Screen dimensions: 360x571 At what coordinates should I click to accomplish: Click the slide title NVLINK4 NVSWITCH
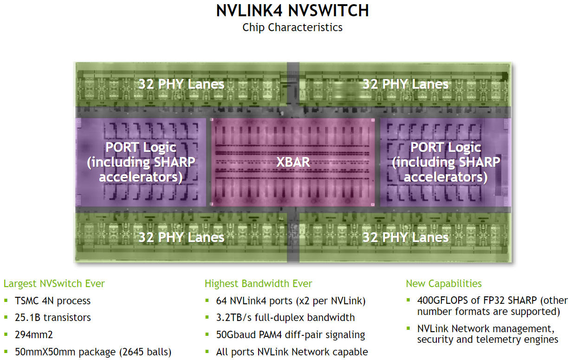pos(292,11)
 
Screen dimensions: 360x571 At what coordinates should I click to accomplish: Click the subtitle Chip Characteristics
pos(292,27)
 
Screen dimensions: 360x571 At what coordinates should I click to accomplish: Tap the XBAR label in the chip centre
pos(293,162)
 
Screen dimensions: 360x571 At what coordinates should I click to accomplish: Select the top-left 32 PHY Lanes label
pos(181,84)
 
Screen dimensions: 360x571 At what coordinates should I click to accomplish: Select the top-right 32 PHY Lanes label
pos(405,84)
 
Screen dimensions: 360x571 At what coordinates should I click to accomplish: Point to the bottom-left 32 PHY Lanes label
pos(181,237)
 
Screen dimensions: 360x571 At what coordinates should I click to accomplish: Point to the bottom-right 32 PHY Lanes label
pos(405,237)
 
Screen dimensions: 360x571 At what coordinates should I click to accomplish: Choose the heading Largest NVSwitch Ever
pos(54,283)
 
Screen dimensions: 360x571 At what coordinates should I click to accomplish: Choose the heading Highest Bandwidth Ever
pos(258,283)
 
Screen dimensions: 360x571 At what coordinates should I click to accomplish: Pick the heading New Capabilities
pos(444,283)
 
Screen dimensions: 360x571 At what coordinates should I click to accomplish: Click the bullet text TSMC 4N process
pos(53,301)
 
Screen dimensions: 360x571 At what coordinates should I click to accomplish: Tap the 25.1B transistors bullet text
pos(53,318)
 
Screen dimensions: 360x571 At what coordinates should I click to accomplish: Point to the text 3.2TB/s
pos(234,318)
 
